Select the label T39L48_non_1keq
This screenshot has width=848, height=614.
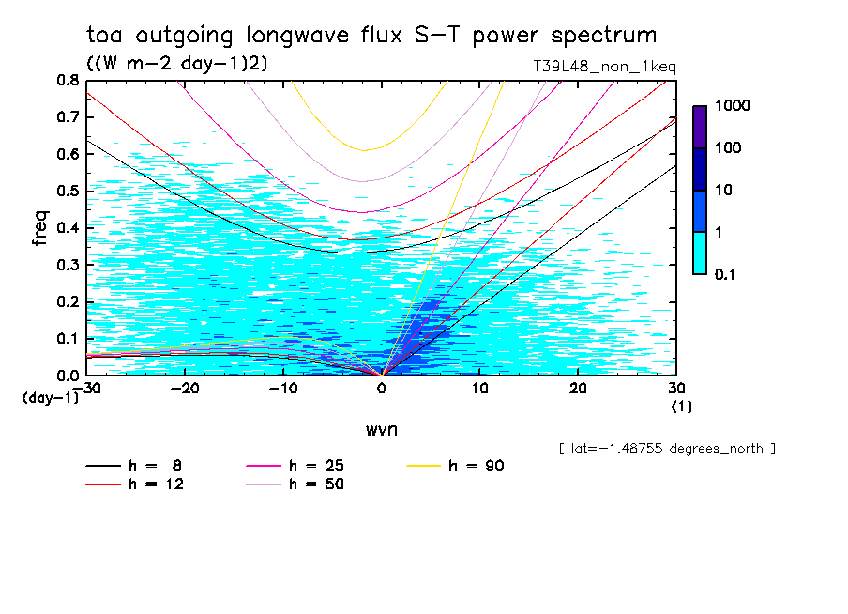(x=602, y=67)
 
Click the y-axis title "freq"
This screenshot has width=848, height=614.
(x=39, y=227)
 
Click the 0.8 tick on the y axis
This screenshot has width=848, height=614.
(x=67, y=81)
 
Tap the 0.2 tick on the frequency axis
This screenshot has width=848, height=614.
(x=67, y=301)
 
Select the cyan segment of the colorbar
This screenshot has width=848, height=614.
(x=700, y=253)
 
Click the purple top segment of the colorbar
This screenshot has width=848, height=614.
(x=700, y=127)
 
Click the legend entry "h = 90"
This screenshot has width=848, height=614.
(x=458, y=466)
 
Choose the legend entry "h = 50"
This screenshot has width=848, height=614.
(x=296, y=484)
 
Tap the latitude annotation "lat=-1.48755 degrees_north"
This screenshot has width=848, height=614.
(x=666, y=448)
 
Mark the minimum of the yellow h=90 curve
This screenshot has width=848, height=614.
(x=365, y=149)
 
